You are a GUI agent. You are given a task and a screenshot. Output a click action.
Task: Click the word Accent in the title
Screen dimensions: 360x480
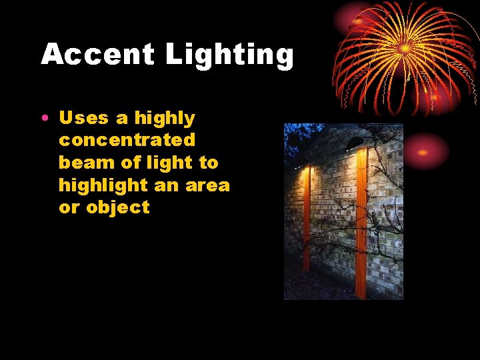point(97,55)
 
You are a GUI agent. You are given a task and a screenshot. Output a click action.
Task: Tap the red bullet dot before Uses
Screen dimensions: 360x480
point(43,119)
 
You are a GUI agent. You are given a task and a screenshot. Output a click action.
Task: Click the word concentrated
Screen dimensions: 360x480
point(127,141)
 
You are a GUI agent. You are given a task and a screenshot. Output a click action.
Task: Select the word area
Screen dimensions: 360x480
point(207,185)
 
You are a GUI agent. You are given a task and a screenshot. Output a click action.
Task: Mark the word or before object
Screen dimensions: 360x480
point(69,207)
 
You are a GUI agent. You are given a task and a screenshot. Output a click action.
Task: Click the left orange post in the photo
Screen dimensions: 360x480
point(307,220)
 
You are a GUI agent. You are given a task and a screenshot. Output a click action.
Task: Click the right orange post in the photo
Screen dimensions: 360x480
point(361,227)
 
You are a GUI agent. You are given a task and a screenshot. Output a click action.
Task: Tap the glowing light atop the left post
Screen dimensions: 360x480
point(307,171)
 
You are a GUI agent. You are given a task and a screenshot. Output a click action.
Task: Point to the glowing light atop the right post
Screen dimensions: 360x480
point(362,153)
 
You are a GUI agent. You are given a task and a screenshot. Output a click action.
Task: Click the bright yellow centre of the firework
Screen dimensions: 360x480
point(405,48)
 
